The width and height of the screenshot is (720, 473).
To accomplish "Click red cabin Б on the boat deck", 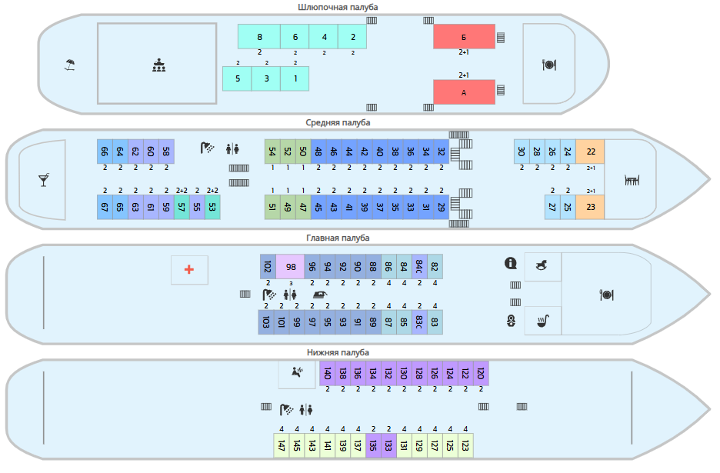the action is [x=465, y=37].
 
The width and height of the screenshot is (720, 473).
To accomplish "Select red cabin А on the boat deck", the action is [x=465, y=92].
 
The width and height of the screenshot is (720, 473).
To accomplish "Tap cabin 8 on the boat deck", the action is [x=259, y=37].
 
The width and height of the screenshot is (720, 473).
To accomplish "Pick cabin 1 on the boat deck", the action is [x=295, y=78].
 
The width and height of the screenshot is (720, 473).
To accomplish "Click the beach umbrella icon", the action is [x=69, y=65].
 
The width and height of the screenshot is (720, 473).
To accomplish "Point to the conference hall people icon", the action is [x=159, y=65].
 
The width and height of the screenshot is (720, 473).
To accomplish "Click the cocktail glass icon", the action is [x=44, y=180].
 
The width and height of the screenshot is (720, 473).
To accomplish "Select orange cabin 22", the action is [x=590, y=152].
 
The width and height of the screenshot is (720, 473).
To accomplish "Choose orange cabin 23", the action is [x=590, y=207].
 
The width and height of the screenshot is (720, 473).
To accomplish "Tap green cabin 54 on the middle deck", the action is [x=272, y=152].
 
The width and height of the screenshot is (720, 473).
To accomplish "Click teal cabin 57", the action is [x=182, y=207].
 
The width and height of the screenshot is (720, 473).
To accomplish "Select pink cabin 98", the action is [x=290, y=267].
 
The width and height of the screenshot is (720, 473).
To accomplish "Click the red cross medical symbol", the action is [x=189, y=269].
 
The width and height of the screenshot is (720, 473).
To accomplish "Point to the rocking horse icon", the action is [x=542, y=265].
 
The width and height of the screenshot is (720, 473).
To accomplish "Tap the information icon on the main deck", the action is [x=511, y=263].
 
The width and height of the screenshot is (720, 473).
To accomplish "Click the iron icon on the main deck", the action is [x=319, y=295].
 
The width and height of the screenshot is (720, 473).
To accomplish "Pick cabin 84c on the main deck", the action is [x=419, y=267].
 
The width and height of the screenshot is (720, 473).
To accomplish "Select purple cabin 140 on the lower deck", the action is [x=328, y=373].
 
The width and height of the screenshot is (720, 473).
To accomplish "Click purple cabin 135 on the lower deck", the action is [x=373, y=445].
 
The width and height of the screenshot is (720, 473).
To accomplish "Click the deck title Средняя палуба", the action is [x=338, y=122].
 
